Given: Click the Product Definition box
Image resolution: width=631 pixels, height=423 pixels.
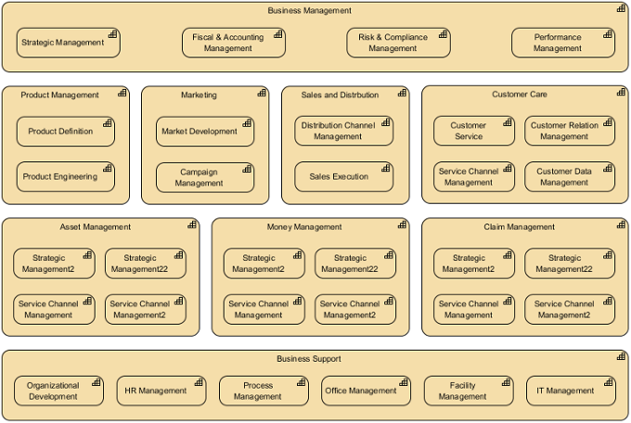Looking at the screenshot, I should [x=65, y=132].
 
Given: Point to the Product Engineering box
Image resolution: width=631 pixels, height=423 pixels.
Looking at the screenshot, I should [x=65, y=177].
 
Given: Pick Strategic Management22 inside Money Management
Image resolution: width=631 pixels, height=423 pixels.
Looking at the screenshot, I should [x=354, y=263].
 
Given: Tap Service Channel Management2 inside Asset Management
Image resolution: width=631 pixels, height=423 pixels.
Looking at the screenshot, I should [x=145, y=309].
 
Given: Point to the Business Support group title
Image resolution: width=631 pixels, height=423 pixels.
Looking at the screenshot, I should [x=309, y=359].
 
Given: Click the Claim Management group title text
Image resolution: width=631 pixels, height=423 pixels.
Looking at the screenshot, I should [x=519, y=226].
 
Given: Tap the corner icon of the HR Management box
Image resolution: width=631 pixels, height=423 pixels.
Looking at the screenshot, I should [x=199, y=382].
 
